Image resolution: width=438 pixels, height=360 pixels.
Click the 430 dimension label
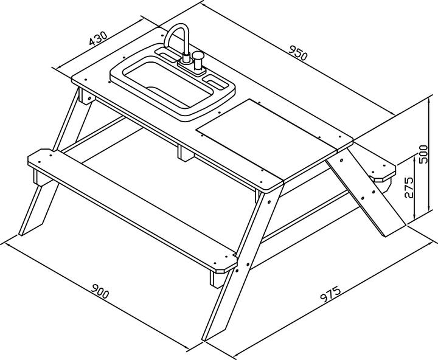coord(98,38)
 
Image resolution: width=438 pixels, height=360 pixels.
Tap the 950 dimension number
coord(297,52)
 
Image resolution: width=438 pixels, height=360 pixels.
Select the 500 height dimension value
coord(423,154)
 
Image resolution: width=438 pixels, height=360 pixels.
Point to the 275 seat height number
coord(408,187)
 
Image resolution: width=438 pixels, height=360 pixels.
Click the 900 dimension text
coord(100,291)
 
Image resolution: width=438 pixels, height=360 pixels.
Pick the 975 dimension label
coord(330,295)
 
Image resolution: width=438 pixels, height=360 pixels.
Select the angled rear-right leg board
coord(363,193)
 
